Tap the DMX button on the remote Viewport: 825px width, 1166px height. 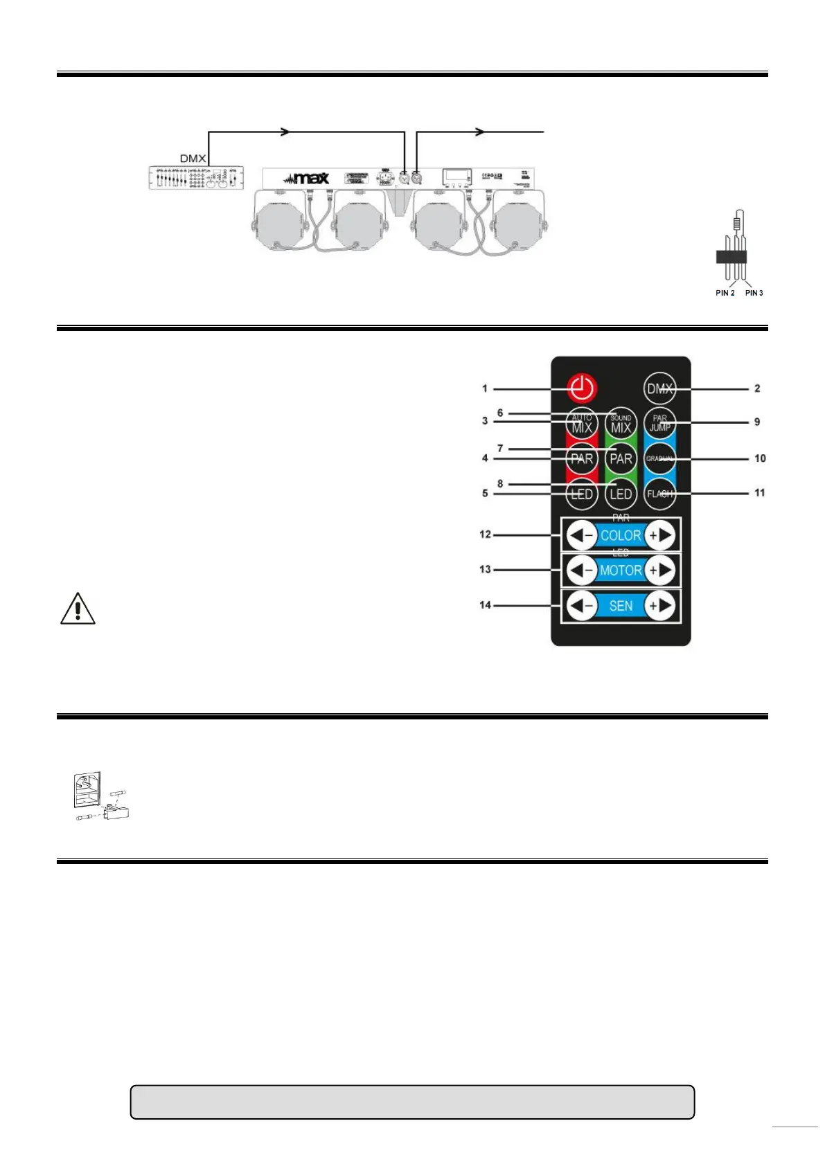(659, 388)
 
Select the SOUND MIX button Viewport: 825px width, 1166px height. (621, 423)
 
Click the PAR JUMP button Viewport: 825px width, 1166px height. (659, 422)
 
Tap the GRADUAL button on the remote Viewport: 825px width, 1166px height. (659, 458)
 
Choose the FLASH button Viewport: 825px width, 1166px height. (659, 494)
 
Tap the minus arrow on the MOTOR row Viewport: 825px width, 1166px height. (581, 571)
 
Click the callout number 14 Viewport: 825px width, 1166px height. (485, 605)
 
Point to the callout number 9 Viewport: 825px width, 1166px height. (757, 422)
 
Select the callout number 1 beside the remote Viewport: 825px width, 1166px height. (485, 388)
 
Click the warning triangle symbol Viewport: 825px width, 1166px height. (78, 609)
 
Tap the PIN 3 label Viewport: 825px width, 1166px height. (754, 293)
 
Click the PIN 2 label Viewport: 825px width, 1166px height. (725, 293)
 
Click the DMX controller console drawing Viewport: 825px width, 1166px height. (196, 178)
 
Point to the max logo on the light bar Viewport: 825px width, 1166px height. (306, 178)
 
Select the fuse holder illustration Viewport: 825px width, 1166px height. (101, 797)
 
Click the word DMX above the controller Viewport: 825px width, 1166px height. (193, 159)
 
